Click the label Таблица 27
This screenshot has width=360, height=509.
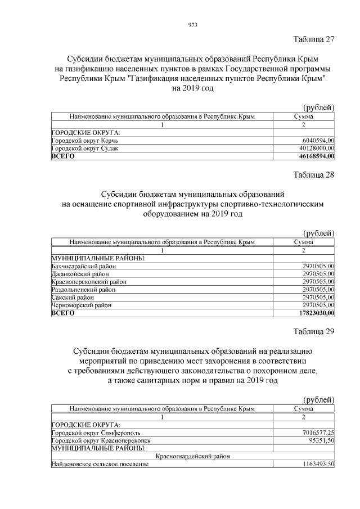coord(314,39)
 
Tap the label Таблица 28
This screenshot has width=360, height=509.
coord(314,174)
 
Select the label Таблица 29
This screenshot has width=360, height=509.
coord(314,331)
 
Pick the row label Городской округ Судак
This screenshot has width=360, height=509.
coord(85,148)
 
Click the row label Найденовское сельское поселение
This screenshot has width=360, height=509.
coord(100,464)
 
